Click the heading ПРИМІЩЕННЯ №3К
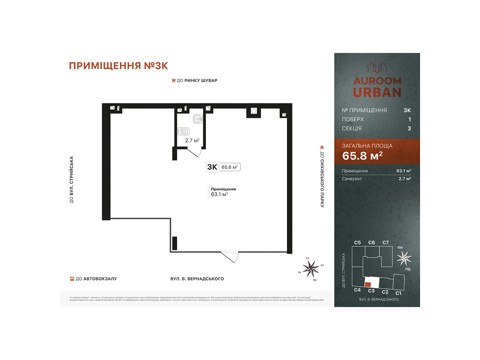tap(118, 66)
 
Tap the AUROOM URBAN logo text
tap(377, 87)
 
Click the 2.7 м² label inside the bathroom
tap(192, 140)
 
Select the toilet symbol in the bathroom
tap(184, 131)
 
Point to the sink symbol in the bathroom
tap(198, 119)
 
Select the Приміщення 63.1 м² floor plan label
tap(223, 192)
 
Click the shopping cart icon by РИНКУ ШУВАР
tap(173, 80)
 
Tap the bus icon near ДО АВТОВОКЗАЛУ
tap(72, 279)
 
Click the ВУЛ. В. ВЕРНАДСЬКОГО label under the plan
tap(197, 279)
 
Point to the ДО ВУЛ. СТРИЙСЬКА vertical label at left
tap(71, 179)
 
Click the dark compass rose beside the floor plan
tap(311, 268)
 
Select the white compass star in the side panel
tap(404, 258)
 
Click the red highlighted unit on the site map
tap(368, 284)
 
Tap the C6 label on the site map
tap(371, 242)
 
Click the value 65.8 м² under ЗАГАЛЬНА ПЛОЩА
tap(362, 156)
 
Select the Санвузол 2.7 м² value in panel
tap(405, 179)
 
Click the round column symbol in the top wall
tap(254, 111)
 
